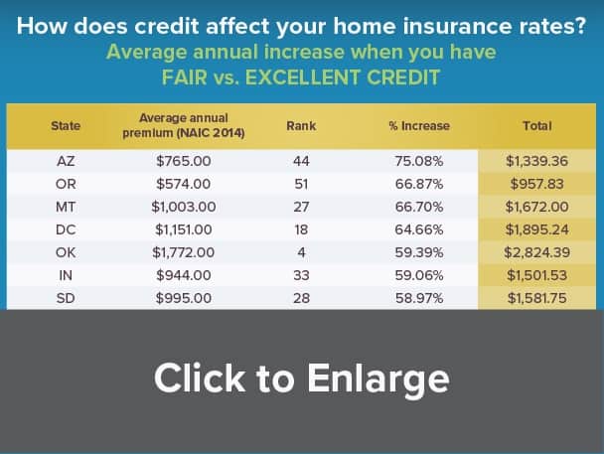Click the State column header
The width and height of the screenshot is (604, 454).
click(x=66, y=126)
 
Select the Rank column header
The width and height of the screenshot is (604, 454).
click(x=301, y=126)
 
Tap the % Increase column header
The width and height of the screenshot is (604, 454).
click(x=419, y=126)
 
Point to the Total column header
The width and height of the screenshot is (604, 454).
click(x=537, y=126)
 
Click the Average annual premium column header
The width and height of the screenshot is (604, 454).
click(x=184, y=125)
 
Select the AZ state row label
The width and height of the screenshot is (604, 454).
click(x=66, y=161)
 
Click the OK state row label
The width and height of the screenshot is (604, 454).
click(x=66, y=252)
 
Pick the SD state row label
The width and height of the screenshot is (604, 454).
click(x=66, y=298)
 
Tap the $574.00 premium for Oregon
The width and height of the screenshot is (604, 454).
click(x=184, y=184)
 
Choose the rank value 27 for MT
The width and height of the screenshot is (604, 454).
click(x=301, y=207)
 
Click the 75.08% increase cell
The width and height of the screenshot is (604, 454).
click(x=419, y=161)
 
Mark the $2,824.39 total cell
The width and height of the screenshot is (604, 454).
click(x=537, y=252)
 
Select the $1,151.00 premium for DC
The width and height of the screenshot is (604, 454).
click(x=184, y=229)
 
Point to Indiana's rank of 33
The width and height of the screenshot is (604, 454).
click(x=301, y=275)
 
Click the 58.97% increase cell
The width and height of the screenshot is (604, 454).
click(x=419, y=298)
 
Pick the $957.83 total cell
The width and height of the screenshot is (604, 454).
click(x=537, y=184)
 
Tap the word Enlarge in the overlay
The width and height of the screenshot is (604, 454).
click(x=378, y=378)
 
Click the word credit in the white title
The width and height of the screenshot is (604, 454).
click(x=167, y=26)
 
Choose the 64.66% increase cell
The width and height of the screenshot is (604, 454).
click(x=419, y=229)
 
